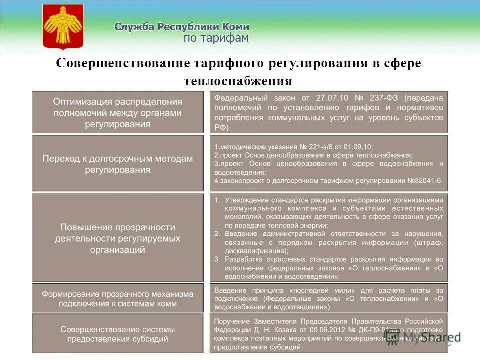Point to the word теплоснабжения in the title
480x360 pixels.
tap(238, 81)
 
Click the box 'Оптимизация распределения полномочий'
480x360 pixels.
tap(118, 112)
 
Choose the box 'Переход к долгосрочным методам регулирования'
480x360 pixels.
tap(118, 164)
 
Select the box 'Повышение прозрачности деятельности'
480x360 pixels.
tap(118, 238)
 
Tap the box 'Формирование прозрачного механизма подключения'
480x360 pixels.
tap(118, 298)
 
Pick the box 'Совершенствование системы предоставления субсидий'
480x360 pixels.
tap(118, 334)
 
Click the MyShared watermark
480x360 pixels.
tap(423, 338)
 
